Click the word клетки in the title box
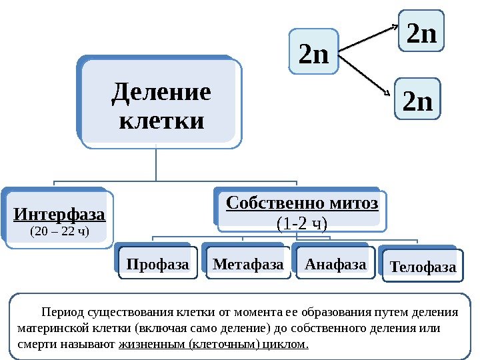[x=160, y=122]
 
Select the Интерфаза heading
[x=60, y=215]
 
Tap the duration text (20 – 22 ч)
[x=60, y=231]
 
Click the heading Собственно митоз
[x=302, y=203]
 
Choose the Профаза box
[x=158, y=265]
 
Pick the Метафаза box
[x=248, y=265]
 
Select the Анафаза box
[x=335, y=265]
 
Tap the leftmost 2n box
[x=315, y=53]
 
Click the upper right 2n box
[x=421, y=33]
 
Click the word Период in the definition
[x=60, y=312]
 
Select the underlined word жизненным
[x=152, y=345]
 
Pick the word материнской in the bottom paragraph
[x=49, y=329]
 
